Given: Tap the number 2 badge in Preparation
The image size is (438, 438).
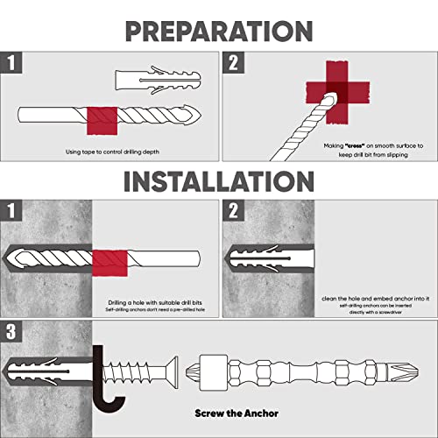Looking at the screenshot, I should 233,62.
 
